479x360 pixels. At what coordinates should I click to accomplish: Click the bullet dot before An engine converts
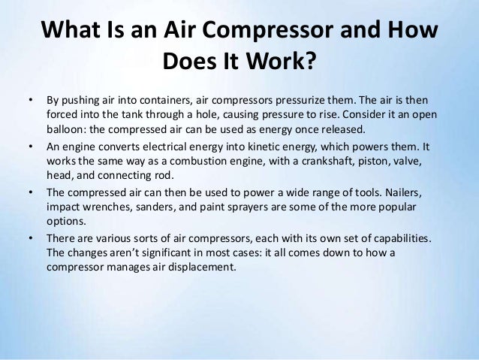click(x=31, y=147)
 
